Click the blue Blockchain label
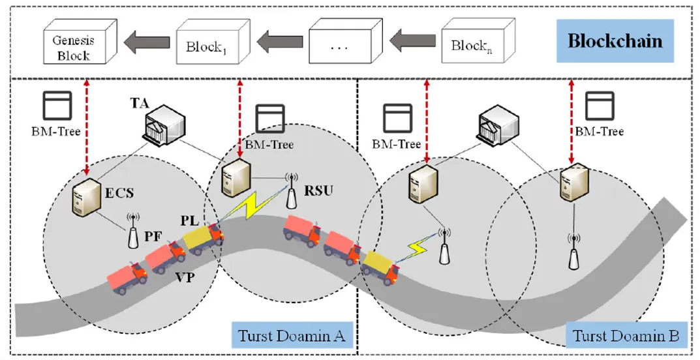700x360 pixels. (x=615, y=41)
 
